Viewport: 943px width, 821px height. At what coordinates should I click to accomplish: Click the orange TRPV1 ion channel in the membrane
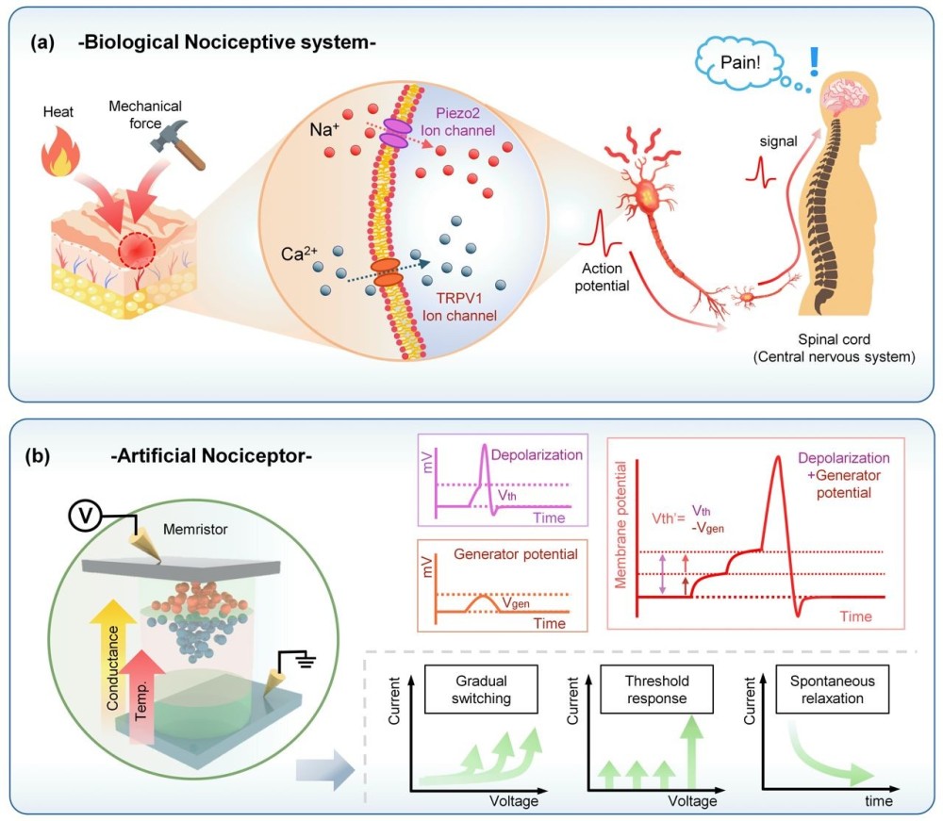386,268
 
